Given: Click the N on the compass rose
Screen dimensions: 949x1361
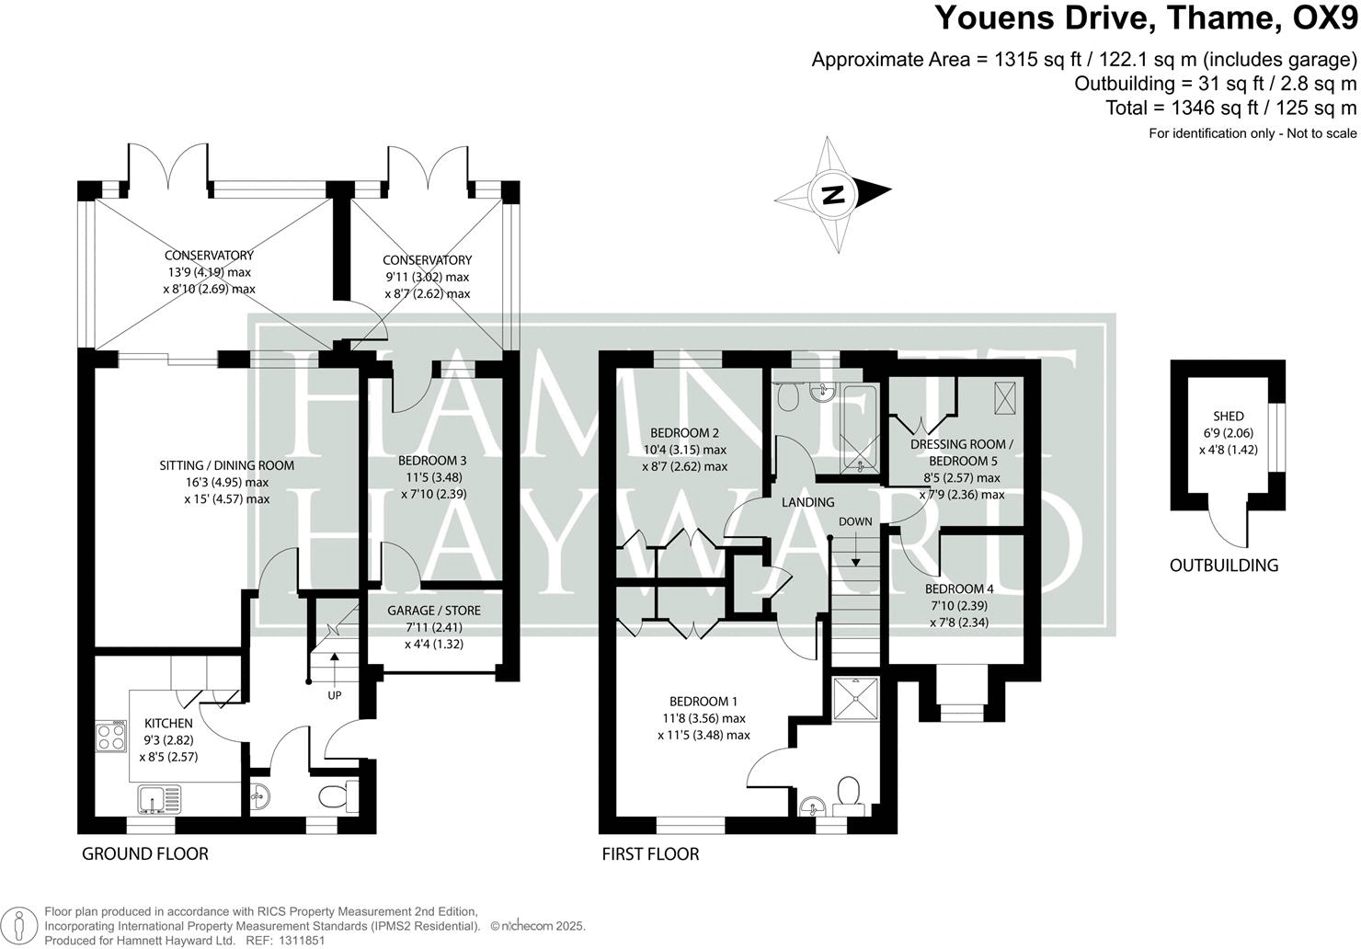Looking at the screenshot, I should (x=833, y=194).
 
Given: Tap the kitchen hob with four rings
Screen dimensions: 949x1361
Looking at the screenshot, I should (x=112, y=738).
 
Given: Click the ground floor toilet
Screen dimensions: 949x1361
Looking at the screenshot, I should (x=337, y=796).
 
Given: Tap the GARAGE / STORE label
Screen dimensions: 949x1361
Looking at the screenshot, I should (x=434, y=611).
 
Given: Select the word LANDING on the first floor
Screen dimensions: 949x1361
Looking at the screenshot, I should (x=807, y=502).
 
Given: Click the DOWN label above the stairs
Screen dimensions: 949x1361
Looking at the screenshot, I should (x=854, y=521).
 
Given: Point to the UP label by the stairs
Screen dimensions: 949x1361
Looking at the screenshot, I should (x=334, y=695).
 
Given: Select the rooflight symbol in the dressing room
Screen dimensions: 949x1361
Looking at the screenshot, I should (x=1005, y=396).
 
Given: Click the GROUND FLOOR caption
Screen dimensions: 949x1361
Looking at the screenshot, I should (x=145, y=854).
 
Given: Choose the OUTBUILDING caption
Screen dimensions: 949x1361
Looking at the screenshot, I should (x=1223, y=566).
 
